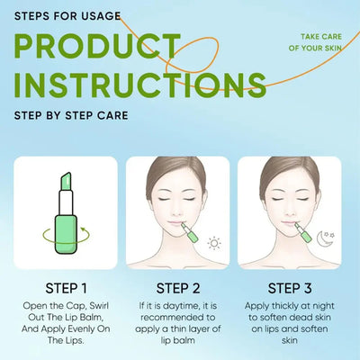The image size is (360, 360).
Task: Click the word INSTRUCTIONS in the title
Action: (139, 86)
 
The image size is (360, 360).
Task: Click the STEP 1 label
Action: (65, 290)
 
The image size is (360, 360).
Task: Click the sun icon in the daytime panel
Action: (214, 243)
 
